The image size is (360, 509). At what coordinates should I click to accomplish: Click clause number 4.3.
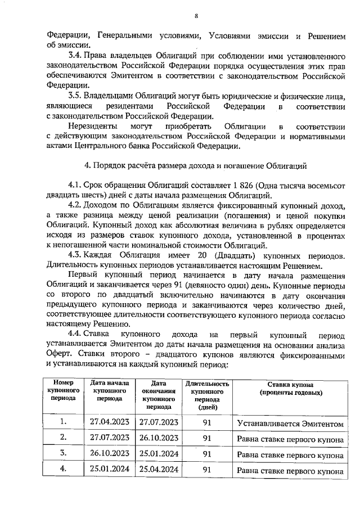[x=75, y=256]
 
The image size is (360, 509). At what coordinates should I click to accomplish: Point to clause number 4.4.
[x=75, y=334]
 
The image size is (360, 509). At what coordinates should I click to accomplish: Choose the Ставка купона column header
[x=290, y=388]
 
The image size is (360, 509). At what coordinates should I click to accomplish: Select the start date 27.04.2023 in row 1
[x=110, y=422]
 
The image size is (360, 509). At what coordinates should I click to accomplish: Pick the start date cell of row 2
[x=110, y=438]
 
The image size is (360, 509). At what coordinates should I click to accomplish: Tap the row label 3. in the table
[x=64, y=453]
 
